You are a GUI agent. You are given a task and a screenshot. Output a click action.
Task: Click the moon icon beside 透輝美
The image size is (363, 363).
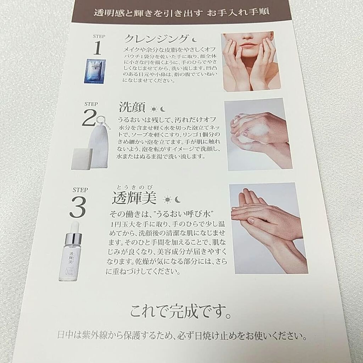point(177,200)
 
